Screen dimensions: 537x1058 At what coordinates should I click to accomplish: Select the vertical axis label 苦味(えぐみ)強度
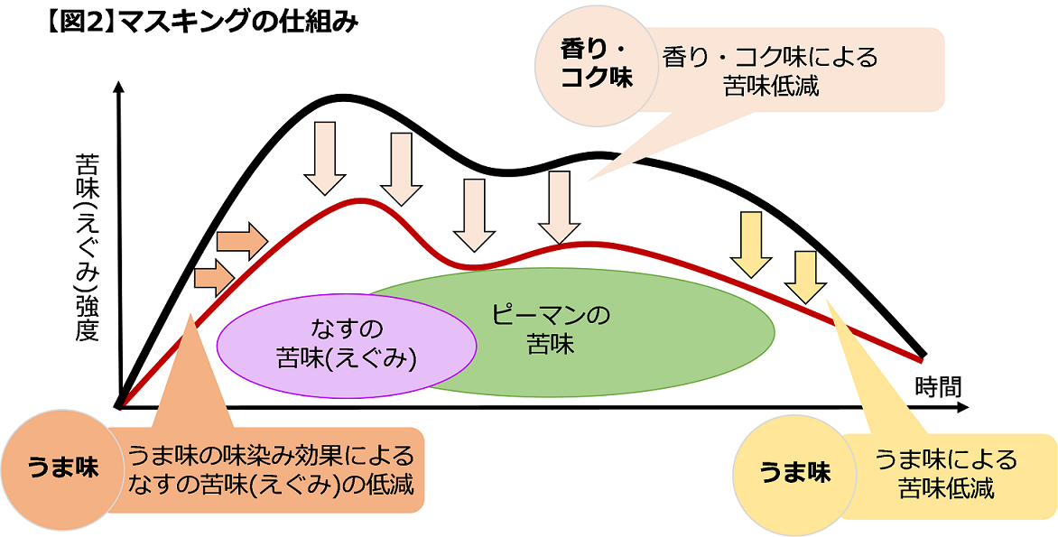pyautogui.click(x=87, y=247)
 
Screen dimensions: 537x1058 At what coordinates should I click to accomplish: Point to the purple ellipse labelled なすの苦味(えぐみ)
pyautogui.click(x=348, y=342)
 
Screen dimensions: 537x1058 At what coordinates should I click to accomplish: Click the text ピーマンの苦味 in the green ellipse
pyautogui.click(x=552, y=329)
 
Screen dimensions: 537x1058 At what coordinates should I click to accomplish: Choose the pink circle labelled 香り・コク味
pyautogui.click(x=597, y=63)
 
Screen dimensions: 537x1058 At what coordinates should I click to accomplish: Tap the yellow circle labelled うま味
pyautogui.click(x=793, y=472)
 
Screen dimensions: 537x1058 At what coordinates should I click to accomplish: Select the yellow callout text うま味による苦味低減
pyautogui.click(x=945, y=473)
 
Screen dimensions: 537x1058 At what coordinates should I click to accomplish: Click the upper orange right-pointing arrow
pyautogui.click(x=242, y=239)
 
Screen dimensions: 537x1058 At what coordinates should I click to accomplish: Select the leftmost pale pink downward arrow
pyautogui.click(x=325, y=158)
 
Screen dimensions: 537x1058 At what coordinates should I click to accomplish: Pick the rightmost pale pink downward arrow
pyautogui.click(x=559, y=207)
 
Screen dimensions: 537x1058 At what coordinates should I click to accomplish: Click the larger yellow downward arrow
pyautogui.click(x=751, y=244)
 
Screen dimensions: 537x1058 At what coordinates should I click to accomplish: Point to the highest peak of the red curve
pyautogui.click(x=359, y=199)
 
